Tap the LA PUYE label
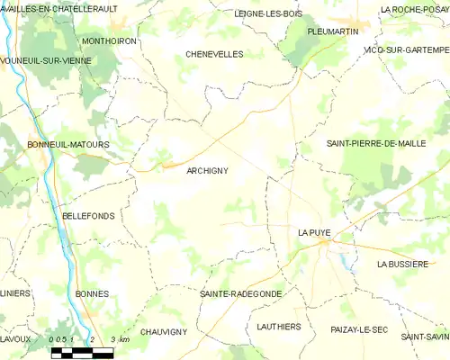click(314, 232)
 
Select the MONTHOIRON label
click(108, 40)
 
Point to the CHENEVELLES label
click(214, 54)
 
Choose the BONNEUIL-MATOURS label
click(67, 144)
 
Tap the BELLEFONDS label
click(87, 216)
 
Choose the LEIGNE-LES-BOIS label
click(268, 13)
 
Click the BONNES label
click(93, 293)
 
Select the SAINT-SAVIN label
click(426, 336)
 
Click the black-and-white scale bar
click(81, 352)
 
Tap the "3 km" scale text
click(120, 339)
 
